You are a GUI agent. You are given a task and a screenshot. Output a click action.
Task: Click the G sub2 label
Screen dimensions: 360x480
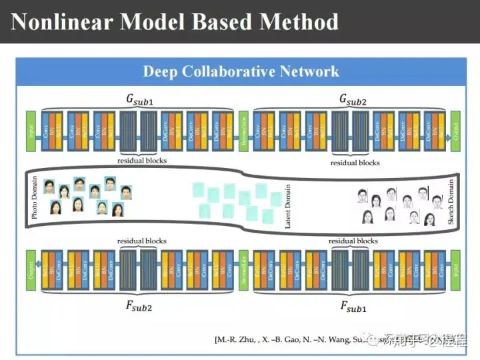[353, 99]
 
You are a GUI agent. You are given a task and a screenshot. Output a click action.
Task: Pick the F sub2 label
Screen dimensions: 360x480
[140, 307]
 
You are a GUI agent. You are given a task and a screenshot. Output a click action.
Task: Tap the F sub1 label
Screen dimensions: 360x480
[353, 307]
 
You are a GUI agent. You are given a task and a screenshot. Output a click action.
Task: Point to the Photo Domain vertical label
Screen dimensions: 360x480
[34, 198]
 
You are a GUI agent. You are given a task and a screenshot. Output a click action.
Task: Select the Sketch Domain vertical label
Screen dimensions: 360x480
[451, 200]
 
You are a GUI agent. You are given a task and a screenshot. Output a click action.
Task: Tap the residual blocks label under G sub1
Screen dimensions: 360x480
[141, 161]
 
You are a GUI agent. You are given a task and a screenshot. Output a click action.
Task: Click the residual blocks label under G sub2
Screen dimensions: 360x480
[355, 162]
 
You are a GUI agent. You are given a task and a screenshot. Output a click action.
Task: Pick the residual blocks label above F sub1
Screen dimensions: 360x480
[353, 241]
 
